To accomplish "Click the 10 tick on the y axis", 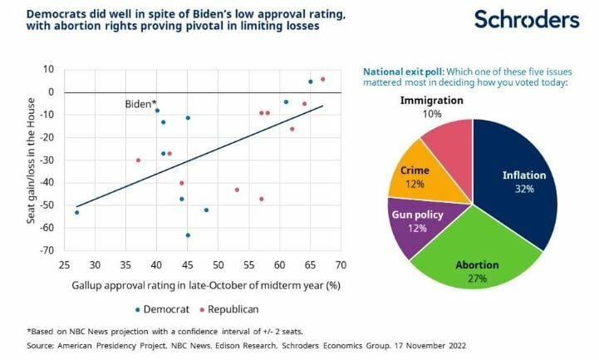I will click(x=49, y=69).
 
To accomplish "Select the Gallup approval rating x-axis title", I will click(x=200, y=285).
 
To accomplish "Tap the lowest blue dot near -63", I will click(x=188, y=235).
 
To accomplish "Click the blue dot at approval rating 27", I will click(x=76, y=213).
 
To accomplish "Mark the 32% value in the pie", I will click(x=524, y=189).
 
